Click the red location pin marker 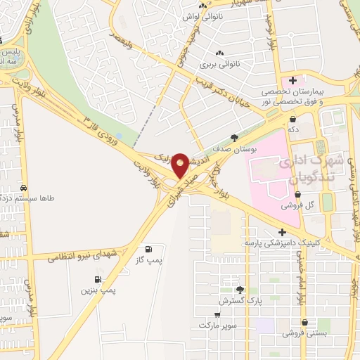tap(180, 165)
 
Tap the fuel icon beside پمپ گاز tap(148, 249)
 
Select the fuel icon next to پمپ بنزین tap(108, 280)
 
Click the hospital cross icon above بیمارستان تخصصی tap(292, 80)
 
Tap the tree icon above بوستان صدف tap(234, 139)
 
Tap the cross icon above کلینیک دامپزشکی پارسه tap(282, 232)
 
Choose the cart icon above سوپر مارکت tap(217, 315)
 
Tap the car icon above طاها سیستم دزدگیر tap(25, 188)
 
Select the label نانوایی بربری tap(220, 64)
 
